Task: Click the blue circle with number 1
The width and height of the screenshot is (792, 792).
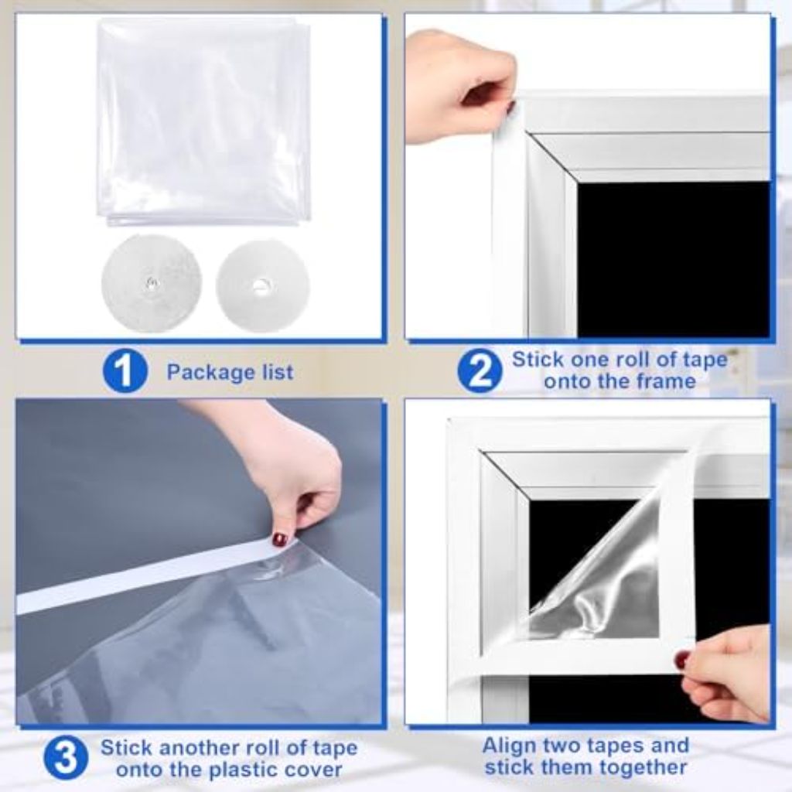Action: pyautogui.click(x=125, y=371)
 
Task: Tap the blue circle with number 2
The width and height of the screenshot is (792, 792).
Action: pyautogui.click(x=480, y=371)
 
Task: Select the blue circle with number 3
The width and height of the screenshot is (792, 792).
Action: pyautogui.click(x=66, y=758)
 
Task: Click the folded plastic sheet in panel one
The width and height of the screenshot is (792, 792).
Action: pyautogui.click(x=204, y=120)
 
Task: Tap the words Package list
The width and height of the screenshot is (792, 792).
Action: pyautogui.click(x=230, y=372)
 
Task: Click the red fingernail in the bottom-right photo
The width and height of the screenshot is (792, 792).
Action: pyautogui.click(x=681, y=660)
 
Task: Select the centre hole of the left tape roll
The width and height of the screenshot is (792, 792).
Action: pyautogui.click(x=152, y=284)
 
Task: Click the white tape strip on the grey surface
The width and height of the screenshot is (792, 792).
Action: pyautogui.click(x=139, y=576)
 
